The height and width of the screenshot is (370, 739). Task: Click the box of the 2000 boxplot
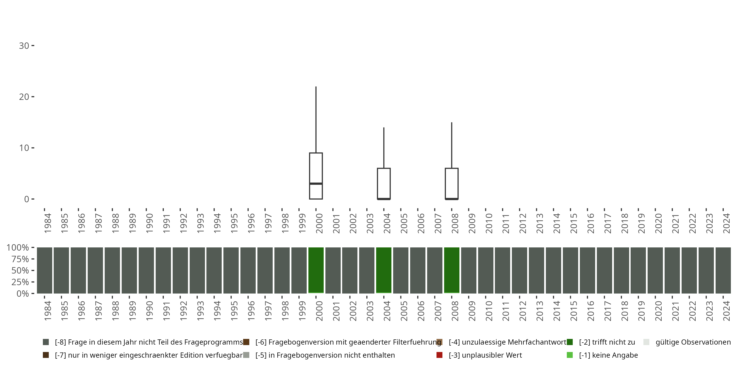click(x=316, y=168)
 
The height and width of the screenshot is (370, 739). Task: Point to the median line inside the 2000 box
click(x=316, y=183)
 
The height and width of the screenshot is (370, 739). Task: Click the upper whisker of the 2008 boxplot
click(x=452, y=145)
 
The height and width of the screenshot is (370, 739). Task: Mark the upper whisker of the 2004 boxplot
click(x=384, y=148)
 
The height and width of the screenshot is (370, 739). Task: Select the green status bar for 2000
click(x=316, y=270)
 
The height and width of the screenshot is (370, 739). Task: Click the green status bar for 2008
click(x=452, y=270)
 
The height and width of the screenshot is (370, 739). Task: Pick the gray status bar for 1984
click(x=45, y=270)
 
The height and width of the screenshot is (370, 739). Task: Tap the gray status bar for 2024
click(x=723, y=270)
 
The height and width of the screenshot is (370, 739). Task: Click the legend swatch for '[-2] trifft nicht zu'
click(x=570, y=342)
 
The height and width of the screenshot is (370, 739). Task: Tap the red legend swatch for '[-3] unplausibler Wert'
click(x=439, y=355)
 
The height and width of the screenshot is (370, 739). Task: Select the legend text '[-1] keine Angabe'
click(x=608, y=355)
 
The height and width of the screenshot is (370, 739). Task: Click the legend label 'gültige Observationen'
click(x=693, y=342)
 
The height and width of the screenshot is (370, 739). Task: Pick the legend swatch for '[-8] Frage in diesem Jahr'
click(x=46, y=342)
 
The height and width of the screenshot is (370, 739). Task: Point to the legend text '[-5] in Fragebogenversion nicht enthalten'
click(x=325, y=355)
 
